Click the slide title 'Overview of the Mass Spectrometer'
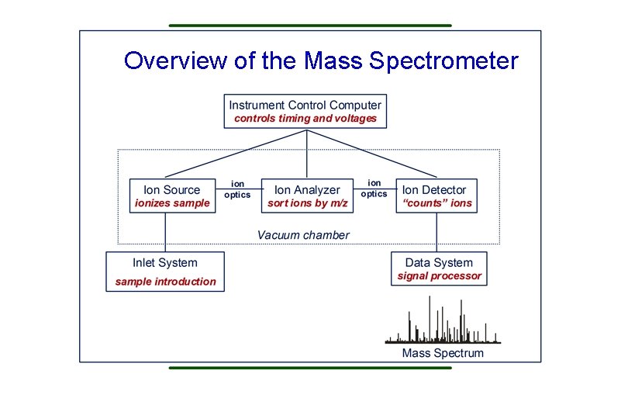point(321,61)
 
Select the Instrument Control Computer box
point(305,111)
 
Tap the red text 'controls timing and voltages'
point(305,119)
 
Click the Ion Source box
point(171,196)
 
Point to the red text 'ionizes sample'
point(171,203)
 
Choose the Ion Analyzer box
point(307,196)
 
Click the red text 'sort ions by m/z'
point(307,203)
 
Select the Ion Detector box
point(436,196)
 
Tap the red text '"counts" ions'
point(436,203)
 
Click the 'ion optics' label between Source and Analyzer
point(237,189)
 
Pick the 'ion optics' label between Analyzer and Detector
point(374,188)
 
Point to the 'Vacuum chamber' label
point(303,235)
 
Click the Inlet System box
point(165,272)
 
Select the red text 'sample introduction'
point(165,282)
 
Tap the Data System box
point(439,268)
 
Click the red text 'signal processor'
point(439,276)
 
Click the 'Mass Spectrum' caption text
point(442,353)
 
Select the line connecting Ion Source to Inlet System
point(165,233)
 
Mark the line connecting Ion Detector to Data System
point(436,233)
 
